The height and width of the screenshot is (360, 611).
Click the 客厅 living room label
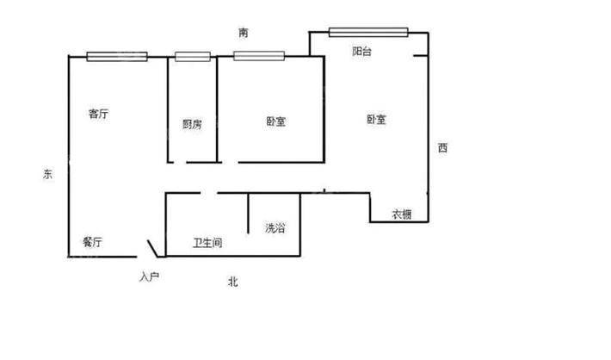pos(98,114)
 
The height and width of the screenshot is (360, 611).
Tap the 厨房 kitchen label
pos(192,124)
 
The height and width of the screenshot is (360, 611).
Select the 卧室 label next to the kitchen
pos(276,121)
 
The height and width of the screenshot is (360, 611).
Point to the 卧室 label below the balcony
pos(376,120)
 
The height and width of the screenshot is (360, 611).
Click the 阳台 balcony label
pos(361,51)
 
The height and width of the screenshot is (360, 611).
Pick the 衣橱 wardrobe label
pos(402,214)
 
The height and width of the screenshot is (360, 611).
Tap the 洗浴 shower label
pos(275,227)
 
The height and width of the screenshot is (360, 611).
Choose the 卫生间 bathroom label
pos(207,243)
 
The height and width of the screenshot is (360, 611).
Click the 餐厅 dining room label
pos(92,242)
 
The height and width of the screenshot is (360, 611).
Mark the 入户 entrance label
pos(149,277)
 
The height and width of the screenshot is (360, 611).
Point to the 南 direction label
pos(244,33)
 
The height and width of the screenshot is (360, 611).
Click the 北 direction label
pos(233,282)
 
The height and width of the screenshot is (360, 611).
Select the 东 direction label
pos(47,174)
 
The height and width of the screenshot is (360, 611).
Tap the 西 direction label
pos(442,148)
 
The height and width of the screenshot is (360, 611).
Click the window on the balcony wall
pos(368,33)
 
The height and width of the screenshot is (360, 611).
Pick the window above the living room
pos(117,57)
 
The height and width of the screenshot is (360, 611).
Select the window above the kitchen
pos(193,57)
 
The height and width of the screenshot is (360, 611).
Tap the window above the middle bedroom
pos(259,56)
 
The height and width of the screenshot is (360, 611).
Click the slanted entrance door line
pos(152,248)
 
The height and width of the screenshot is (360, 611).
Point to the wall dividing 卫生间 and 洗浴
pos(248,214)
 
